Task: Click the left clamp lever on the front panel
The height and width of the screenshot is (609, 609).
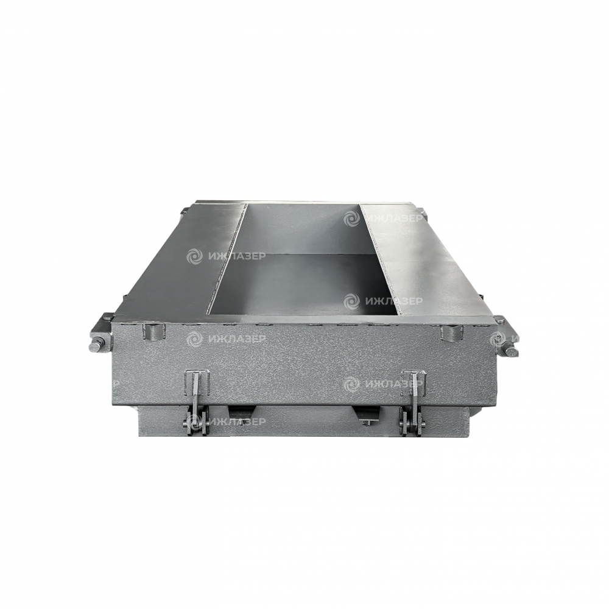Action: click(x=197, y=389)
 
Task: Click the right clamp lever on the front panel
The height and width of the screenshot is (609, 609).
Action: click(x=413, y=389)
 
